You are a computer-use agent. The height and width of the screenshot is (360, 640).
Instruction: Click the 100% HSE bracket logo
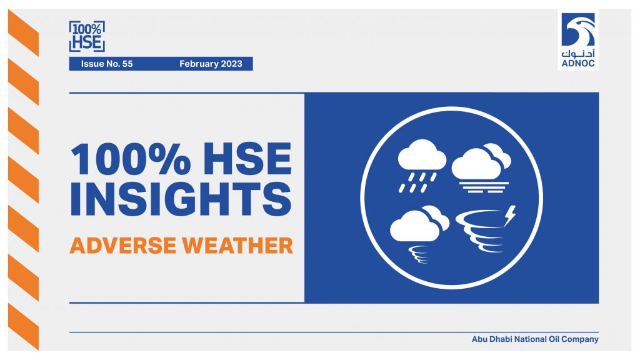tap(87, 36)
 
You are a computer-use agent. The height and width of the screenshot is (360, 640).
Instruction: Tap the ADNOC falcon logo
tap(578, 29)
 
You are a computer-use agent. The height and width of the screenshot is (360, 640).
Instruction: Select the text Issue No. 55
tap(107, 64)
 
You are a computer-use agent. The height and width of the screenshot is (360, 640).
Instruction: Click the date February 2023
tap(211, 64)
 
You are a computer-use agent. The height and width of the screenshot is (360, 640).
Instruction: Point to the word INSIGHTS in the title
tap(181, 199)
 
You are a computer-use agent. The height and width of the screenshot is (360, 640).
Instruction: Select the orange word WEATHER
tap(237, 245)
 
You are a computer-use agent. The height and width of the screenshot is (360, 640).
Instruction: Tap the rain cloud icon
tap(421, 166)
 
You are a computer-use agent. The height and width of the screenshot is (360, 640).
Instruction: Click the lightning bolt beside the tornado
tap(510, 216)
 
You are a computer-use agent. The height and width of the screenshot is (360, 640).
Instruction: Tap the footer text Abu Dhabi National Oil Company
tap(535, 339)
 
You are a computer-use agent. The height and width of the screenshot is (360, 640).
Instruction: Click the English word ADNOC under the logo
tap(578, 64)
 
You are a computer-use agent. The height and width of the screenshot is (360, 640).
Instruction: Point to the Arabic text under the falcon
tap(578, 54)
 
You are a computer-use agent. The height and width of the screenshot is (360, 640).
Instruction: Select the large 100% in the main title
tap(131, 159)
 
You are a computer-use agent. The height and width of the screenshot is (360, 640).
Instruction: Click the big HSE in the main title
tap(247, 159)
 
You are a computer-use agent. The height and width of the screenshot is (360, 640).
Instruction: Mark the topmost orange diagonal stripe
tap(23, 32)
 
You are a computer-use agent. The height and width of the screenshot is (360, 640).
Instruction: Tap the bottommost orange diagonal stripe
tap(23, 326)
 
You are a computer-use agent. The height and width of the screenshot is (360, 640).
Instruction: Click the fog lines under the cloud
tap(484, 187)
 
